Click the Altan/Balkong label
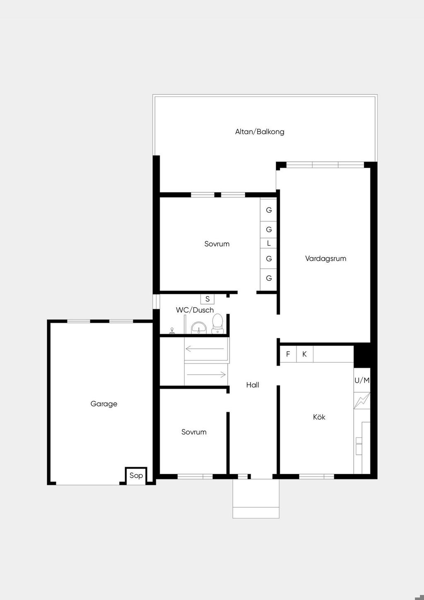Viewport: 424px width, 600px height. click(260, 132)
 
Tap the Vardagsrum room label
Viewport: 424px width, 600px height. click(325, 258)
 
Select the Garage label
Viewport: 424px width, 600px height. click(104, 404)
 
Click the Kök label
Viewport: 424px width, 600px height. click(319, 417)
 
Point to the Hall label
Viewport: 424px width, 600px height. click(253, 385)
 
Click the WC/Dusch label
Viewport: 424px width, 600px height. click(195, 310)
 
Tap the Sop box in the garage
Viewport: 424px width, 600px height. click(136, 475)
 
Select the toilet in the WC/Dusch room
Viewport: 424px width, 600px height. click(217, 324)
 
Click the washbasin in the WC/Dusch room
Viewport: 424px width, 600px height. click(198, 328)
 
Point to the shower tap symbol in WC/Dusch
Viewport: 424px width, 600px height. click(172, 331)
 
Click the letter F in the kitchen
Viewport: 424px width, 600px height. click(288, 354)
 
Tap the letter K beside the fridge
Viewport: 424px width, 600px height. click(304, 354)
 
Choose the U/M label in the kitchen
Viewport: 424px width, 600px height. click(362, 381)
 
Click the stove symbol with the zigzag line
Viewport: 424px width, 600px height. click(362, 401)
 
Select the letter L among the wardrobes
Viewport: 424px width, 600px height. click(269, 243)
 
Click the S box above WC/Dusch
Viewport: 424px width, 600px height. click(207, 299)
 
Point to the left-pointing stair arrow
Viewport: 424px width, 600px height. click(205, 349)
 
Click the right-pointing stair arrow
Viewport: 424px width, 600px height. click(206, 374)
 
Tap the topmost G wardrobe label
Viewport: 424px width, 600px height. click(269, 210)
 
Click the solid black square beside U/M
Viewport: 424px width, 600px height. click(362, 355)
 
